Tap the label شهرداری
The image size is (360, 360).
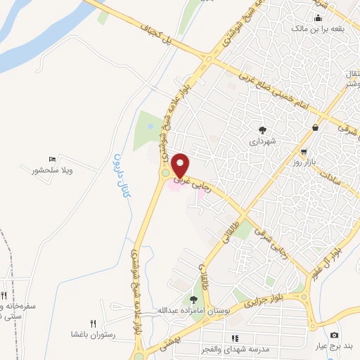[x=262, y=141]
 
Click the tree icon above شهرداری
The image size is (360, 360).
[x=262, y=129]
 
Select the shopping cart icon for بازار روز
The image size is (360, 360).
[x=304, y=151]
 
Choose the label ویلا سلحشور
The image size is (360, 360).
[x=52, y=171]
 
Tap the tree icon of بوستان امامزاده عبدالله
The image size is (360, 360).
[x=193, y=299]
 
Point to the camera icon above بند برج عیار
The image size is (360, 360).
[x=333, y=335]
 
